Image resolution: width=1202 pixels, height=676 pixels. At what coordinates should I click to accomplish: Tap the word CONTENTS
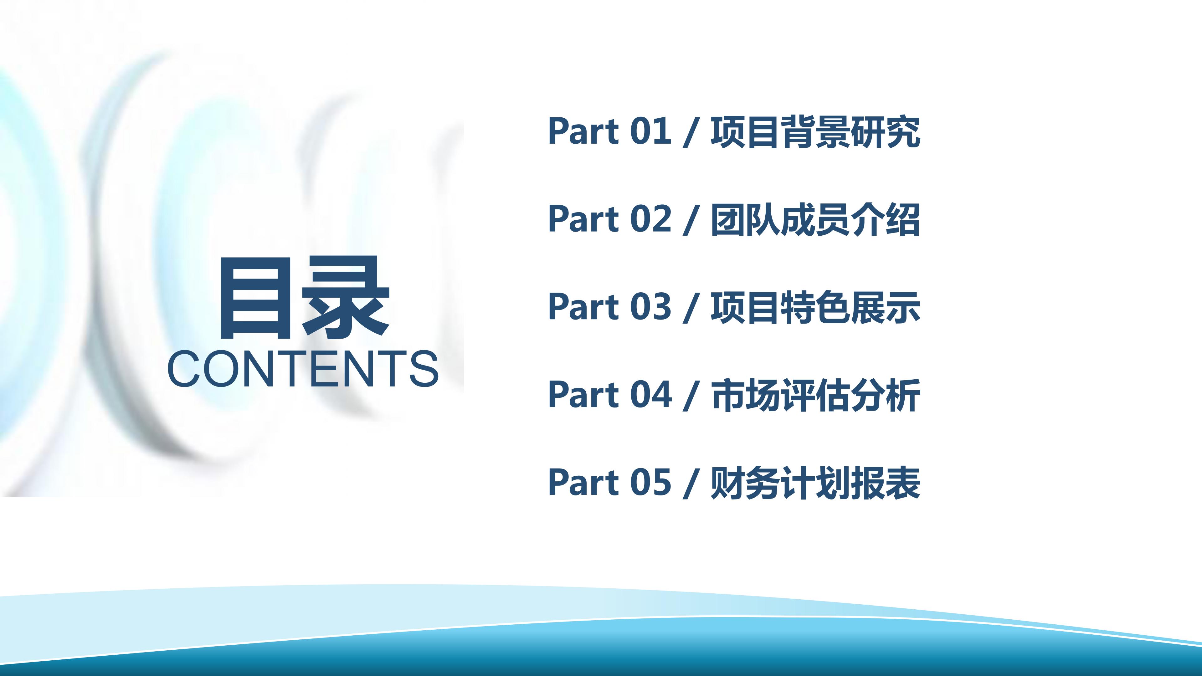pos(303,369)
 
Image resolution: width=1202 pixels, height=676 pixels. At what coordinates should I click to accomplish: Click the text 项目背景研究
pos(815,132)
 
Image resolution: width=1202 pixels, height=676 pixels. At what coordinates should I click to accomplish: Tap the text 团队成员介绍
pos(815,220)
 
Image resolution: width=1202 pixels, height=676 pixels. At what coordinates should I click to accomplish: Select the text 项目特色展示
pos(815,307)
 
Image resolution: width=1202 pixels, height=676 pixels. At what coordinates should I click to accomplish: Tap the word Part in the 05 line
pos(583,482)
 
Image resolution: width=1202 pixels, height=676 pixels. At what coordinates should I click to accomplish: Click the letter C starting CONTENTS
pos(184,369)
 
